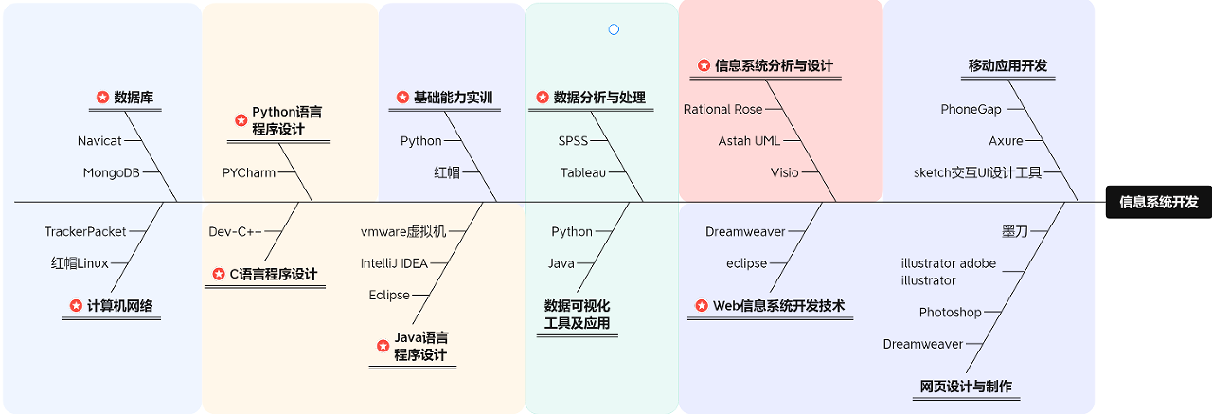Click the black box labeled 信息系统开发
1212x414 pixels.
click(x=1158, y=202)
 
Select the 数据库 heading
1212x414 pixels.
click(x=134, y=97)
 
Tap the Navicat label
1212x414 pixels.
click(x=99, y=141)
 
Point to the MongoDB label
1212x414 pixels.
click(x=111, y=172)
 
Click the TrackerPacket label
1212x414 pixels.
click(x=85, y=232)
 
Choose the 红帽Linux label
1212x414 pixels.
click(x=80, y=263)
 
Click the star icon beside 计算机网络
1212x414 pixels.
click(x=76, y=305)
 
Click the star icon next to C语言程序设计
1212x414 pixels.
click(x=220, y=274)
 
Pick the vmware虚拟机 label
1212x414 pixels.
click(x=402, y=232)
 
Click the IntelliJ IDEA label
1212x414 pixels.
click(x=394, y=263)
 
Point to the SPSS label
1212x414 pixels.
click(x=573, y=141)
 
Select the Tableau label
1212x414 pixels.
click(x=582, y=172)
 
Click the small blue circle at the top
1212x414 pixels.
click(x=614, y=29)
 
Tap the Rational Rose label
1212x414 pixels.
click(x=722, y=110)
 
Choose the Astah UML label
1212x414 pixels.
click(x=749, y=141)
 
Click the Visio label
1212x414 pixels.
click(x=784, y=172)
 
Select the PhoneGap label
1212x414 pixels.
click(x=971, y=110)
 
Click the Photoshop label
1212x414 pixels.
click(x=950, y=313)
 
